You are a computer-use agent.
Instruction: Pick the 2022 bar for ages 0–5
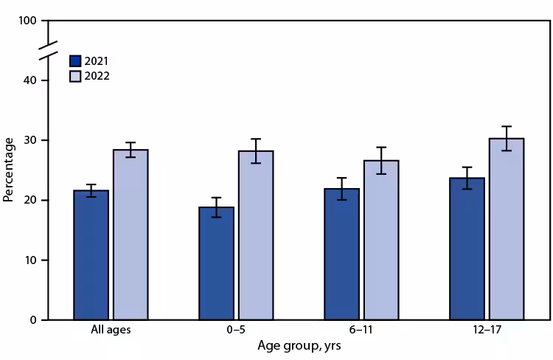pyautogui.click(x=256, y=235)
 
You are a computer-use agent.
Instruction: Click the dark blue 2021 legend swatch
pyautogui.click(x=75, y=60)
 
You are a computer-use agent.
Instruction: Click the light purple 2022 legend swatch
pyautogui.click(x=75, y=75)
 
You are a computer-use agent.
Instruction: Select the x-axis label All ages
pyautogui.click(x=111, y=330)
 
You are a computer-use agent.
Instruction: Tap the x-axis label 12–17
pyautogui.click(x=487, y=330)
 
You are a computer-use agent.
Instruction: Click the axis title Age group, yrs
pyautogui.click(x=299, y=345)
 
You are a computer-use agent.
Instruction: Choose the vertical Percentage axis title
pyautogui.click(x=8, y=170)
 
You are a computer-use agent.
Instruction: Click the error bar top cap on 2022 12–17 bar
pyautogui.click(x=506, y=126)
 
